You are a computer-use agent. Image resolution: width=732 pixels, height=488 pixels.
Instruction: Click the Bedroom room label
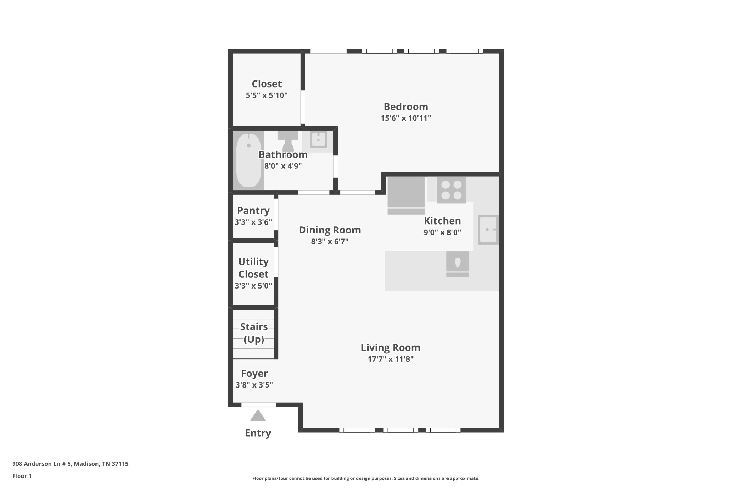click(406, 107)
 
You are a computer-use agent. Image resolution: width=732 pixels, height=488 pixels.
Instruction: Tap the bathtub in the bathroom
click(248, 160)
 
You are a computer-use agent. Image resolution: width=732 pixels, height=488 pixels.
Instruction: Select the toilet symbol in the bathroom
click(288, 142)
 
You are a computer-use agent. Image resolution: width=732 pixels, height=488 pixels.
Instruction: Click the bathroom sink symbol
click(318, 140)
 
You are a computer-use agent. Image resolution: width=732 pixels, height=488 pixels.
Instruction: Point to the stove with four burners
click(451, 190)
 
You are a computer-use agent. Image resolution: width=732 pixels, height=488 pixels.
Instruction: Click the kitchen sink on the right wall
click(488, 230)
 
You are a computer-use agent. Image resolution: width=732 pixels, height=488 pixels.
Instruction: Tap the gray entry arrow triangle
click(258, 416)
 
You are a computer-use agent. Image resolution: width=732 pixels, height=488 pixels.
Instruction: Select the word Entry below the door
click(258, 433)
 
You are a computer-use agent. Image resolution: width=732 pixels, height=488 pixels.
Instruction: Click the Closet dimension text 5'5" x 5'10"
click(267, 95)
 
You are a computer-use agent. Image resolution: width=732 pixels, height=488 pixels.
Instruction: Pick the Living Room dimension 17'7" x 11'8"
click(390, 359)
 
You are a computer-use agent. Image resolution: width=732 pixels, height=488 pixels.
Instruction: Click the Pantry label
click(253, 211)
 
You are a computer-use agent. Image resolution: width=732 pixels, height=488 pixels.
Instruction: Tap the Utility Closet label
click(253, 268)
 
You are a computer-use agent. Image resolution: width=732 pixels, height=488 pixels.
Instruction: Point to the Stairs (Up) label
click(254, 333)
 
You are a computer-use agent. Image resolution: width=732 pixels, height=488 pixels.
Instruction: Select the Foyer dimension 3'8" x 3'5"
click(254, 385)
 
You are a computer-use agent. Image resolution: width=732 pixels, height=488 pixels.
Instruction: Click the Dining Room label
click(330, 230)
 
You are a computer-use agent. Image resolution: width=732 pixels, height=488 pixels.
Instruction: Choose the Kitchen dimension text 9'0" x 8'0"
click(442, 232)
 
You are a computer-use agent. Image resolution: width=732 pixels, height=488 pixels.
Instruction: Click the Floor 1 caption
click(22, 476)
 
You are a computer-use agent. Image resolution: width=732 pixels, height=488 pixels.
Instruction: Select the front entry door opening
click(258, 405)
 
